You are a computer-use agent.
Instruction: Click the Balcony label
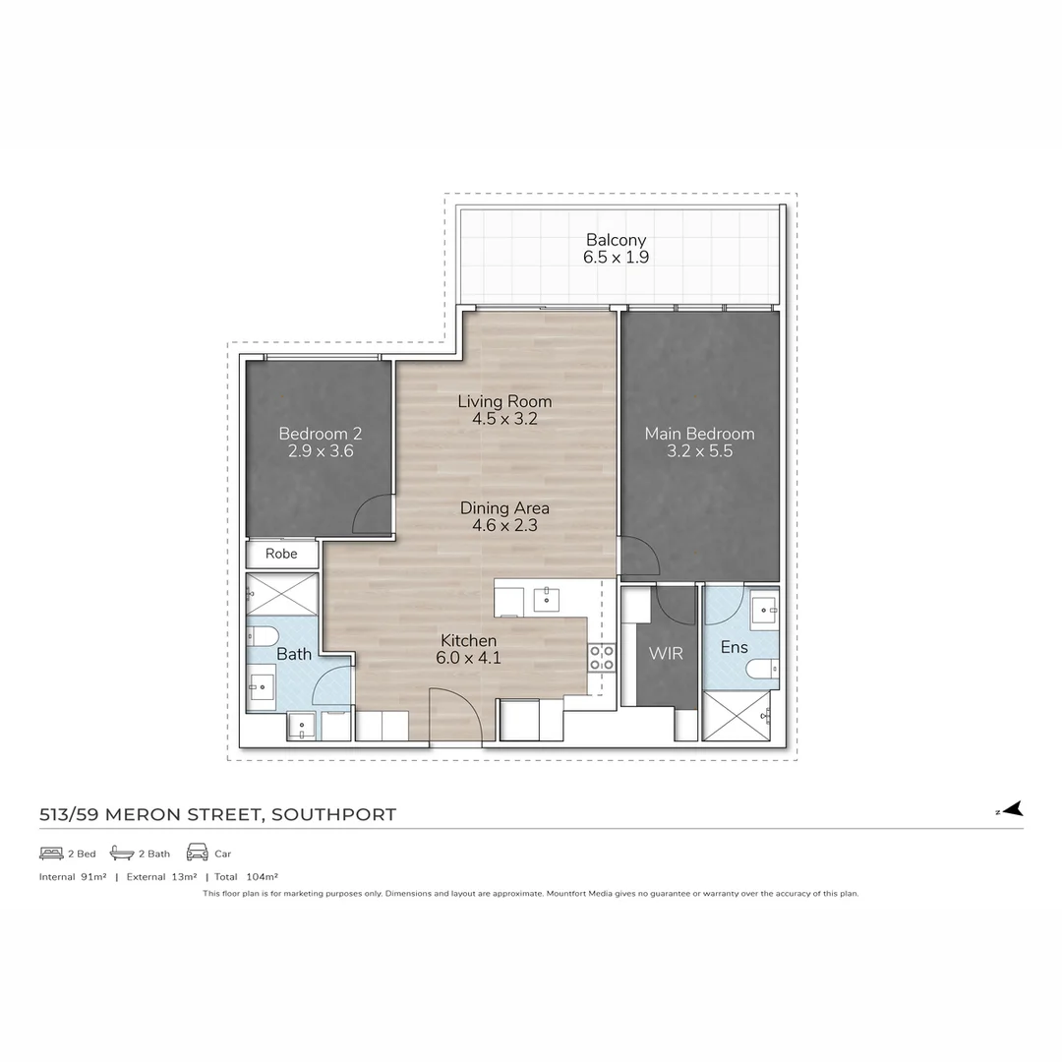coord(616,240)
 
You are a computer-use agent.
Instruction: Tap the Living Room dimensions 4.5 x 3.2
coord(504,419)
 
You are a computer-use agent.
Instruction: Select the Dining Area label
coord(504,508)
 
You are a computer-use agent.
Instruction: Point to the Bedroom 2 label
coord(320,434)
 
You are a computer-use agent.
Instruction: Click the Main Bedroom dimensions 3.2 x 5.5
coord(699,451)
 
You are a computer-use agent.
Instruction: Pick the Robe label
coord(281,554)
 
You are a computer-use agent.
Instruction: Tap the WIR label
coord(666,654)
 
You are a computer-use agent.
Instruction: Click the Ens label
coord(734,647)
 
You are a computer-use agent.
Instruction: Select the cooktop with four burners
coord(602,657)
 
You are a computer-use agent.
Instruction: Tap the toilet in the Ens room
coord(762,670)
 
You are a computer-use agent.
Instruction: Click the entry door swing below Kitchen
coord(455,715)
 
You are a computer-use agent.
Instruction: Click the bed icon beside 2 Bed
coord(51,853)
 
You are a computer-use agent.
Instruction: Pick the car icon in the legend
coord(197,853)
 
